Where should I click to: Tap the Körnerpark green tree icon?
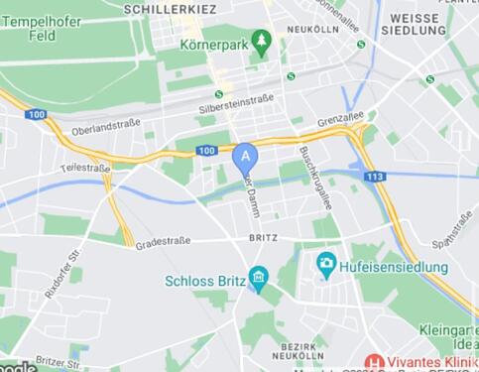[262, 41]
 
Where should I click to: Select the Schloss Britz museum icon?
[259, 277]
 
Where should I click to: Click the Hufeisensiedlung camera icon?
[325, 263]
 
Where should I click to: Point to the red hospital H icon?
[375, 362]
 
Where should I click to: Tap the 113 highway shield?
[374, 177]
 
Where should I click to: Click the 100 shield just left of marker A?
[205, 151]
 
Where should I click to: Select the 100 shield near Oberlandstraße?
[37, 115]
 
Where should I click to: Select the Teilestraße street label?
[85, 168]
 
